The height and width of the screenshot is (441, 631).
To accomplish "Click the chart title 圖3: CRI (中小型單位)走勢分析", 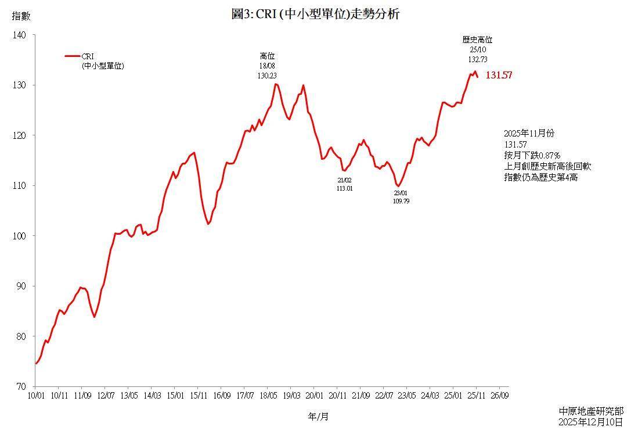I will [x=315, y=15].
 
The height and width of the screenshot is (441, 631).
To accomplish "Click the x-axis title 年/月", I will [x=318, y=417].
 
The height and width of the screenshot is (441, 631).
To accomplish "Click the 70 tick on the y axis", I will [x=21, y=386].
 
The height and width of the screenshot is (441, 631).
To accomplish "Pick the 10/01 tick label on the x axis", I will [x=36, y=396].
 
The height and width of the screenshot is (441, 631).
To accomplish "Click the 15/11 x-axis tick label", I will [x=198, y=396].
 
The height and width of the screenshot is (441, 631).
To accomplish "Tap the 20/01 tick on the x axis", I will [x=314, y=396].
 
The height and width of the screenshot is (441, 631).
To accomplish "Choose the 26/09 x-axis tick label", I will [x=500, y=396].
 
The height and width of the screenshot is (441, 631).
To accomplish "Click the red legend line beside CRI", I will [x=72, y=56].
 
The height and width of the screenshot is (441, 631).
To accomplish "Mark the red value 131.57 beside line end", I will [x=499, y=76].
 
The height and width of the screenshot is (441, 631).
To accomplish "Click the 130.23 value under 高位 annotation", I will [x=267, y=76].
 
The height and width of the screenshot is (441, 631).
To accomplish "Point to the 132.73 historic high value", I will [x=477, y=59].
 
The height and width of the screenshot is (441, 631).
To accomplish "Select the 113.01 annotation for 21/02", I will [x=344, y=188].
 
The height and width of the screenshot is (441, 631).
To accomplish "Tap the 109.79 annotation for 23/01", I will [x=401, y=201].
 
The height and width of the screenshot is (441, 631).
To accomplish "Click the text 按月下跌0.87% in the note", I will [x=532, y=156].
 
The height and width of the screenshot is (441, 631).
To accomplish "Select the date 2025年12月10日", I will [x=590, y=422].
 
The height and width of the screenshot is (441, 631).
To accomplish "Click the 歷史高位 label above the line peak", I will [x=477, y=40].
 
